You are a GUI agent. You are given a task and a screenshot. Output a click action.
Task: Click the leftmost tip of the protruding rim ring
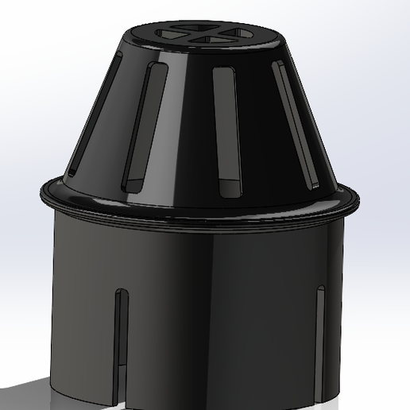(39, 193)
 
